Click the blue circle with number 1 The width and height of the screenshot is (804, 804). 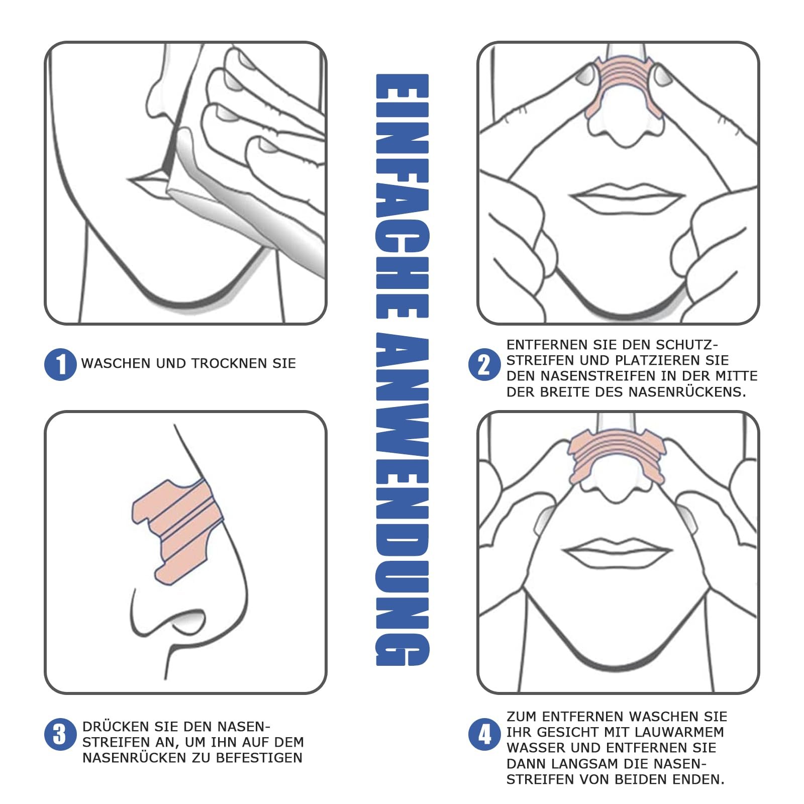[x=60, y=364]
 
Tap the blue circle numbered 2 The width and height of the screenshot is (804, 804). [x=484, y=365]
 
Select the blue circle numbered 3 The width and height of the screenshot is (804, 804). [x=60, y=735]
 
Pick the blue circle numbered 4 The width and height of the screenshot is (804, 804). [x=484, y=735]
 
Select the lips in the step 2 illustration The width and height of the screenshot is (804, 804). [x=627, y=196]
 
